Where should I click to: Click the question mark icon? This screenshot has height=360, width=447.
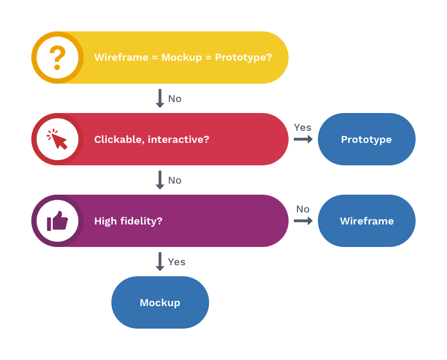(58, 58)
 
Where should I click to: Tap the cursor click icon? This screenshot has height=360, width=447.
(57, 139)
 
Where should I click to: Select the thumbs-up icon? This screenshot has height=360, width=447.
(58, 221)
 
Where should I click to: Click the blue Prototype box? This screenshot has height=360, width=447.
(366, 139)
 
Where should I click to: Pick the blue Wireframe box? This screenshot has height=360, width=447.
(366, 221)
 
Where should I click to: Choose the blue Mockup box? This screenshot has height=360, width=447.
(160, 302)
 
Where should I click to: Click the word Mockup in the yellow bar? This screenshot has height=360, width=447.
(181, 58)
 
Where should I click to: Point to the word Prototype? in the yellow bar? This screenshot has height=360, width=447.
(244, 58)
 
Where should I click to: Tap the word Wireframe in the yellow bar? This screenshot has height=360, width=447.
(121, 58)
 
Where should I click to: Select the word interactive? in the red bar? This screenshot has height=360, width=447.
(178, 139)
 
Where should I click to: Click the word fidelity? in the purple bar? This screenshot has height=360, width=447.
(141, 221)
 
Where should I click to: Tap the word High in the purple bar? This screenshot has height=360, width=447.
(106, 221)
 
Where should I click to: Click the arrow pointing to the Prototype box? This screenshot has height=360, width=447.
(303, 139)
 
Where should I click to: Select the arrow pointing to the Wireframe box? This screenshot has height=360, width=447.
(303, 221)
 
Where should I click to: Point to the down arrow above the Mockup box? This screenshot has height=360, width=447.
(160, 262)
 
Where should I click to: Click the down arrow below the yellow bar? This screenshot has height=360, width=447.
(160, 98)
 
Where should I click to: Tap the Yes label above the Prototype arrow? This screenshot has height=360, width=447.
(303, 128)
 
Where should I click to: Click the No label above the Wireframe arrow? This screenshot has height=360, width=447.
(303, 209)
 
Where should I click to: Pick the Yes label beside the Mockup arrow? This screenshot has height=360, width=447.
(177, 262)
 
